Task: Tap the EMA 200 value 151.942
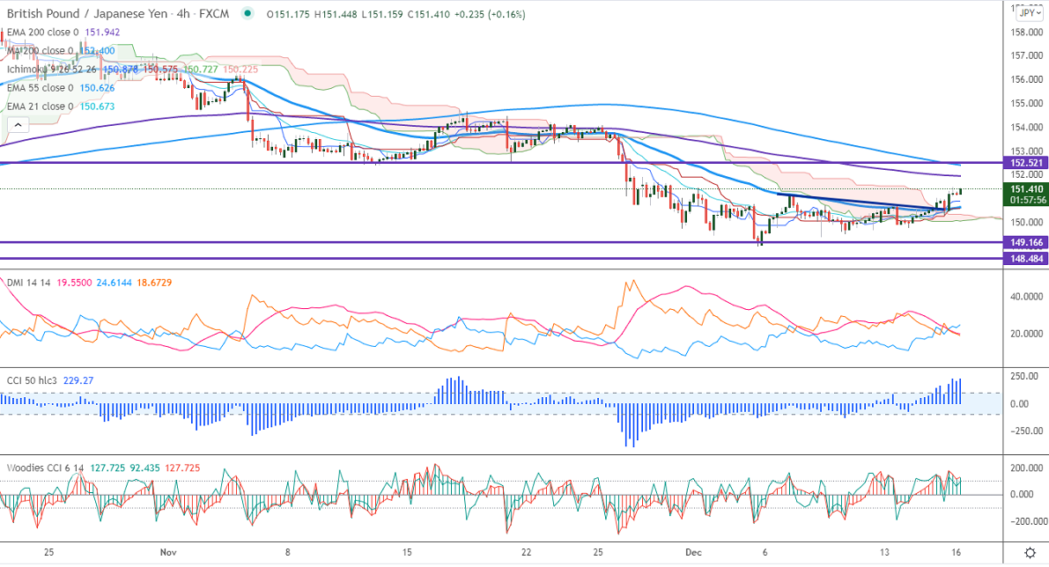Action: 102,33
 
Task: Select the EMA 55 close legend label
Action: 40,88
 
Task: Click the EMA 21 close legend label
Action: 40,107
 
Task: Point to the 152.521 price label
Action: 1026,163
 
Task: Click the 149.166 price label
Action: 1026,242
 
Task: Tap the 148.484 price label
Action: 1026,259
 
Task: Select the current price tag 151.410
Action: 1026,188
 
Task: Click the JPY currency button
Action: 1026,12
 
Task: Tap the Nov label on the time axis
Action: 169,552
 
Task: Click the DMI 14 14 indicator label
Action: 26,282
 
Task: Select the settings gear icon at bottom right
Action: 1030,552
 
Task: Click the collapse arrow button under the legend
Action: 18,126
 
